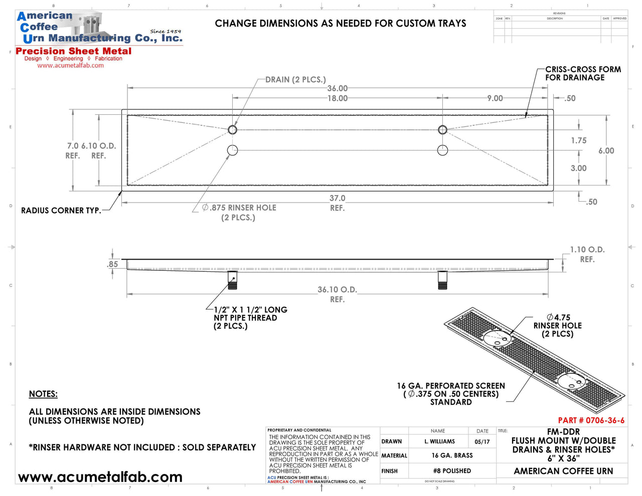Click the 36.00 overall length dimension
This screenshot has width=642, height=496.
(337, 88)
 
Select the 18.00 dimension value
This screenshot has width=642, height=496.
(337, 98)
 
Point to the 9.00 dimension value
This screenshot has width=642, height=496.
(495, 98)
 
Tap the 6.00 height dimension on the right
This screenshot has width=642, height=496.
(606, 150)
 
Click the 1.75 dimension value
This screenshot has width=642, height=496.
(578, 140)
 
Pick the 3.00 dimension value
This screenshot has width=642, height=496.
(578, 168)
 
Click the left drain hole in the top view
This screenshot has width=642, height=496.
(232, 130)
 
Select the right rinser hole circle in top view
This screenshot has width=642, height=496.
(442, 150)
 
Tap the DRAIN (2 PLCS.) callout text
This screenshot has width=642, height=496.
(295, 79)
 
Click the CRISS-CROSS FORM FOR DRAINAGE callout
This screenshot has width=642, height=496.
(583, 73)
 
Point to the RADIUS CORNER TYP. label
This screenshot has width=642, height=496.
(61, 211)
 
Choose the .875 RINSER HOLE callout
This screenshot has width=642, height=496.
(239, 212)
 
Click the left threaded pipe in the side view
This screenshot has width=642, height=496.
(232, 280)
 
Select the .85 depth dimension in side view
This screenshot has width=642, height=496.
(113, 264)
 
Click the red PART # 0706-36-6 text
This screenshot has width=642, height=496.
(591, 420)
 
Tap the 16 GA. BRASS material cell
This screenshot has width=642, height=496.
(452, 455)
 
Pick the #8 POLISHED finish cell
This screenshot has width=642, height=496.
(452, 471)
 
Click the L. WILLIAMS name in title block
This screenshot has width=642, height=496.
(439, 441)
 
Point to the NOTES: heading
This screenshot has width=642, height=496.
(43, 394)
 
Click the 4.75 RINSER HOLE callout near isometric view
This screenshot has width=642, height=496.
(558, 325)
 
